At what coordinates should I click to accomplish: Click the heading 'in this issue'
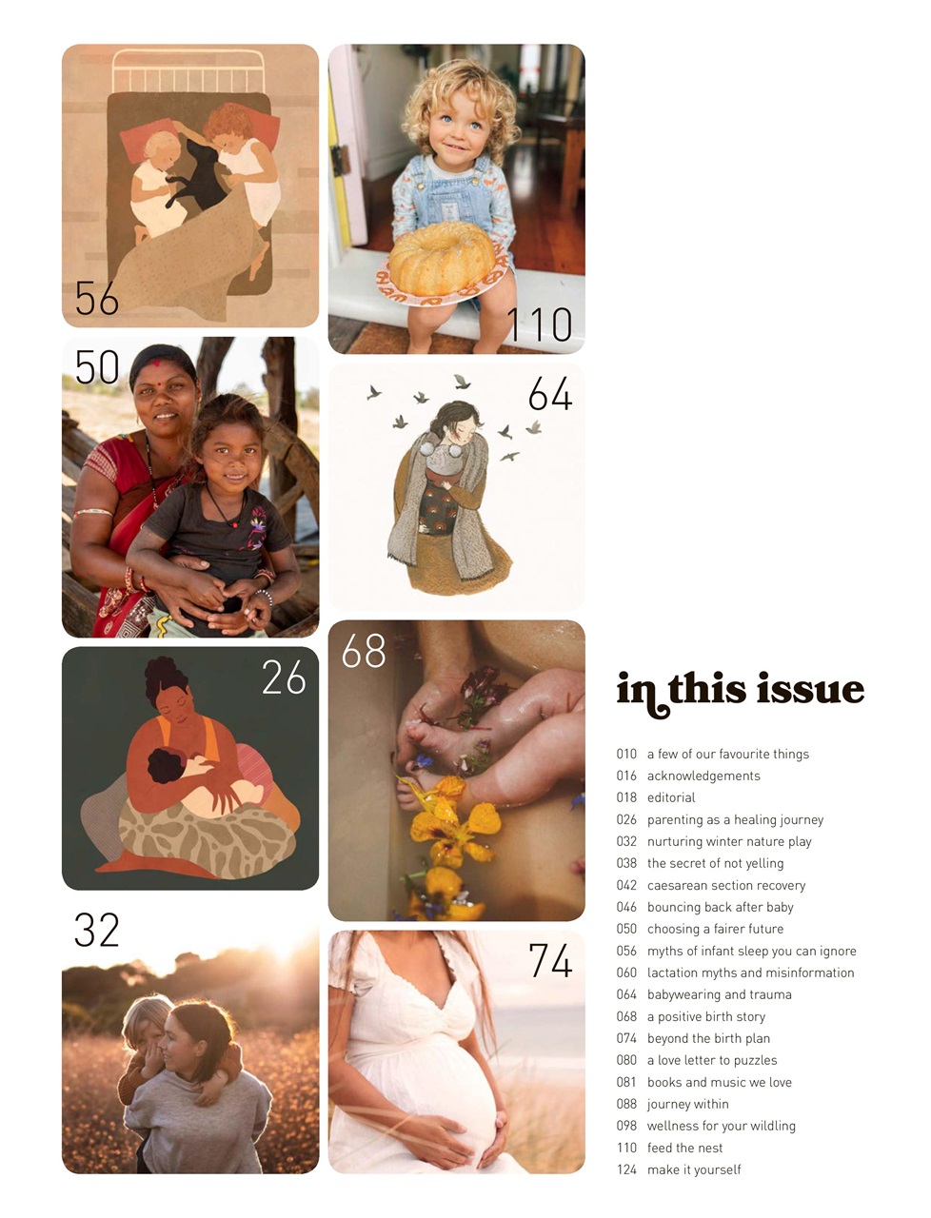pyautogui.click(x=740, y=690)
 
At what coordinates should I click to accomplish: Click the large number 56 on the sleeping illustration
pyautogui.click(x=97, y=298)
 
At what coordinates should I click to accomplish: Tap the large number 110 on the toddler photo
pyautogui.click(x=539, y=324)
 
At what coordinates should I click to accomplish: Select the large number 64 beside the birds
pyautogui.click(x=550, y=394)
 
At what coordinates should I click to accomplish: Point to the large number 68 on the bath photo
pyautogui.click(x=364, y=651)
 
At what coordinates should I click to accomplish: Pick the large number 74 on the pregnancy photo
pyautogui.click(x=550, y=960)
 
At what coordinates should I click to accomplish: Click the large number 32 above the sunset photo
pyautogui.click(x=97, y=931)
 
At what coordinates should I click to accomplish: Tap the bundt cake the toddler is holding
pyautogui.click(x=441, y=258)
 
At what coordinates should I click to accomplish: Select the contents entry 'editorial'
pyautogui.click(x=671, y=797)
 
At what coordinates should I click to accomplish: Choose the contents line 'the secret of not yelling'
pyautogui.click(x=715, y=863)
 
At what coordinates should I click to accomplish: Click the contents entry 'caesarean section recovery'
pyautogui.click(x=725, y=885)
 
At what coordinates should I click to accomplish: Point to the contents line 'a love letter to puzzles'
pyautogui.click(x=711, y=1060)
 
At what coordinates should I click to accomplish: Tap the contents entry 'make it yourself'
pyautogui.click(x=693, y=1169)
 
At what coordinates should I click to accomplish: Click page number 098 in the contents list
pyautogui.click(x=626, y=1126)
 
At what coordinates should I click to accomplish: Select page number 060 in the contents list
pyautogui.click(x=626, y=972)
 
